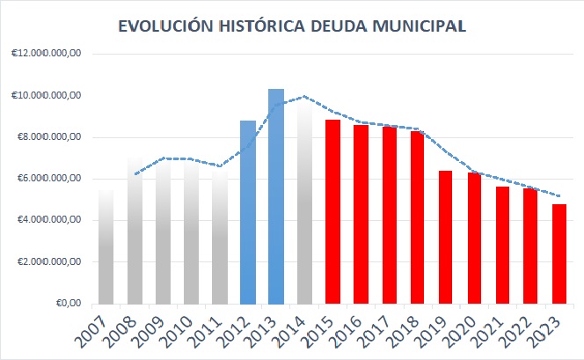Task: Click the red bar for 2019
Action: (x=446, y=237)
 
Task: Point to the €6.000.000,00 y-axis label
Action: (x=49, y=179)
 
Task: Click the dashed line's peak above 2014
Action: (x=303, y=97)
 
